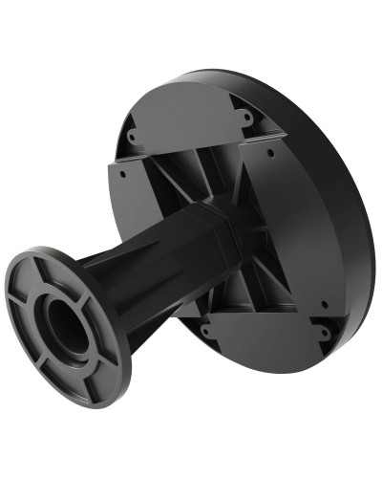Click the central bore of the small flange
tap(64, 324)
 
